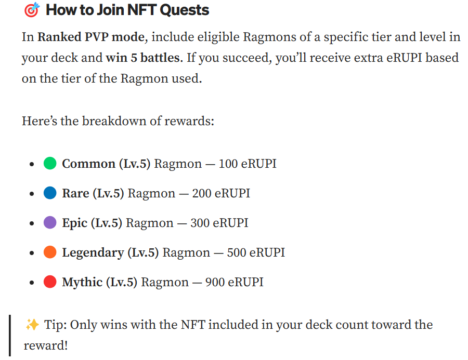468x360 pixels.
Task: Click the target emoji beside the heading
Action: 32,10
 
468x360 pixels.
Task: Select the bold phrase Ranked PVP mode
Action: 90,37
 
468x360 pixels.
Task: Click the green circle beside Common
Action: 50,164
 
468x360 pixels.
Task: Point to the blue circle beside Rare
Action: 50,193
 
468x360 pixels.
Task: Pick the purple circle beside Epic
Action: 50,223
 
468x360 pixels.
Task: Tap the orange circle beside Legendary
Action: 50,252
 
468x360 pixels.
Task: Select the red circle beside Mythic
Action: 50,282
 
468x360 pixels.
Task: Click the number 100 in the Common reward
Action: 228,164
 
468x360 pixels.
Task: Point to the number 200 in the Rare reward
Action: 202,193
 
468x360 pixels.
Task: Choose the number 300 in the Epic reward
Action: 200,223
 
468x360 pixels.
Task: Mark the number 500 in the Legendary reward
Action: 237,252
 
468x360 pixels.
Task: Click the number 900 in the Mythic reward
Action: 215,282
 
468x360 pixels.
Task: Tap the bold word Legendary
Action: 93,252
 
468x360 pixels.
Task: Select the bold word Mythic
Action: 82,282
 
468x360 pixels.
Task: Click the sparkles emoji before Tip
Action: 32,325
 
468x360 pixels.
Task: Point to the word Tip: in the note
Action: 55,325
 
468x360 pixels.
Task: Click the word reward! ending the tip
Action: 46,345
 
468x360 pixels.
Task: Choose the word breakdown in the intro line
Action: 116,121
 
